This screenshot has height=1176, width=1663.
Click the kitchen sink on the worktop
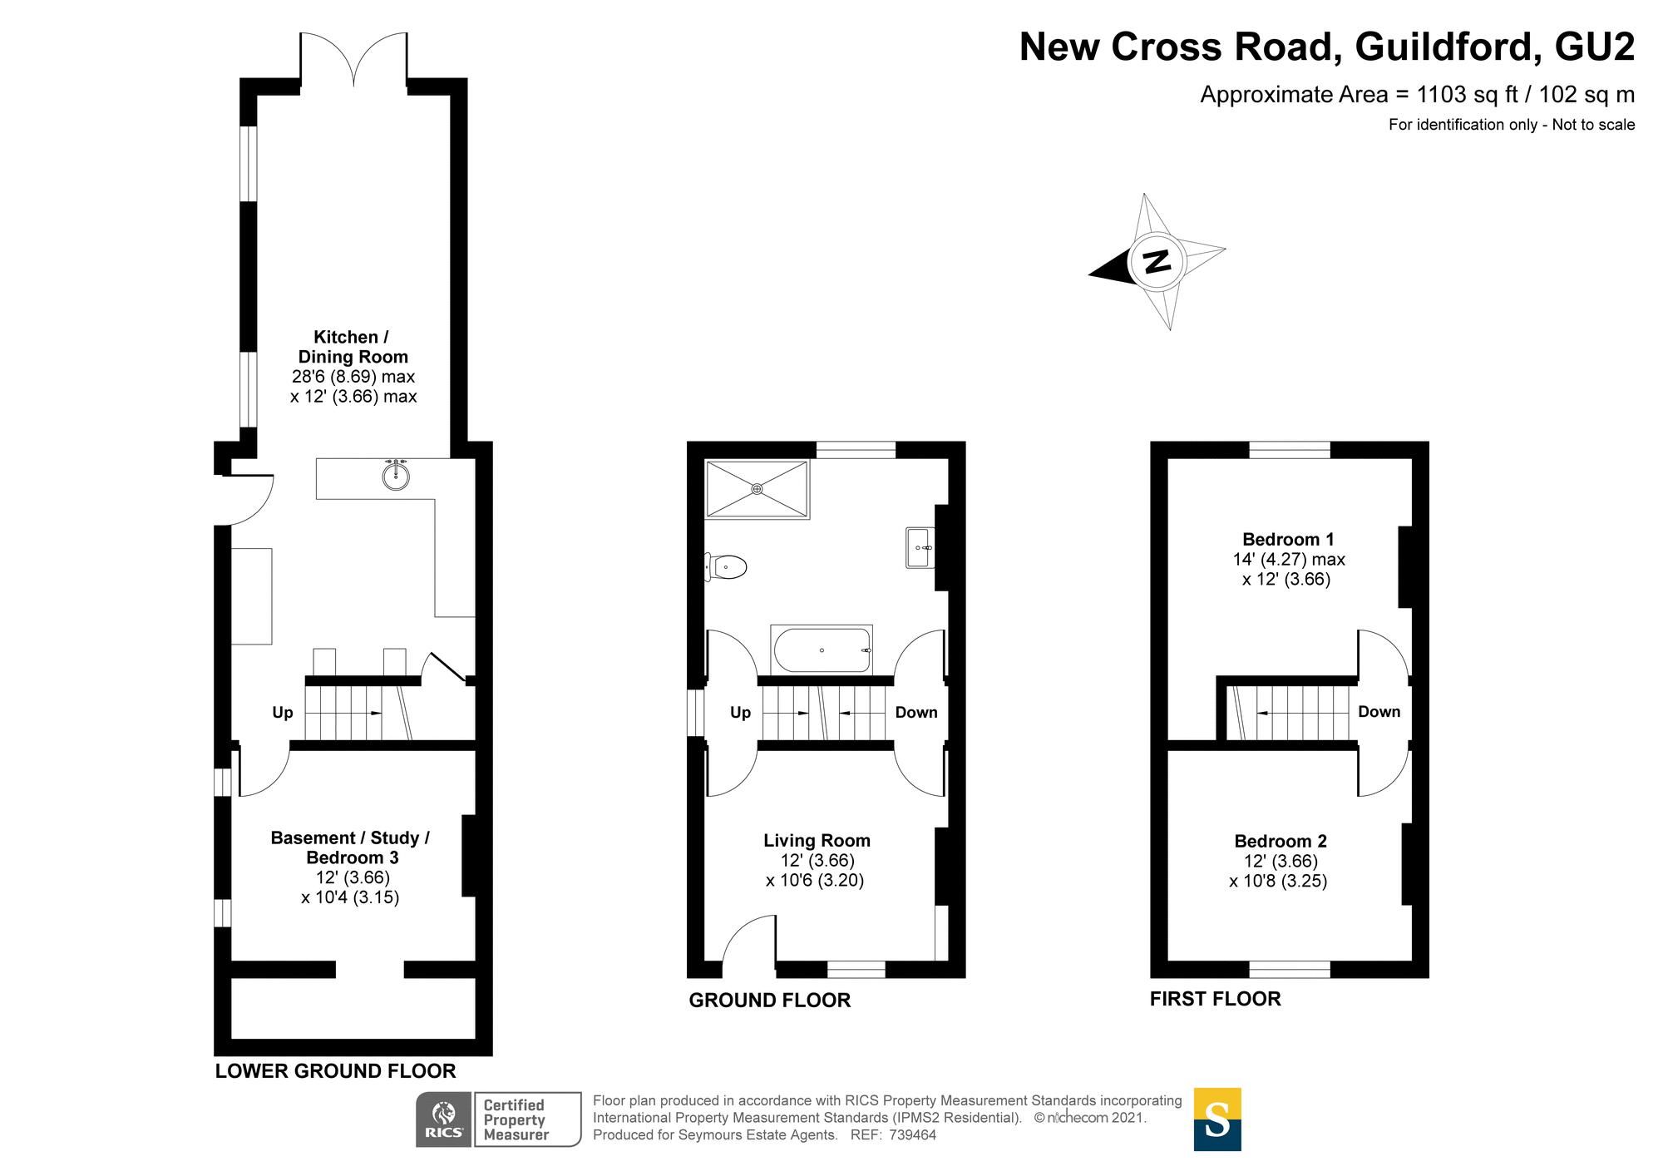click(x=396, y=476)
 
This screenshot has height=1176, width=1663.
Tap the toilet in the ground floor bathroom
click(x=726, y=567)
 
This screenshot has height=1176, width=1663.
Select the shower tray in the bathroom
click(x=757, y=489)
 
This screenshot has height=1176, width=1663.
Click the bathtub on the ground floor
click(x=822, y=650)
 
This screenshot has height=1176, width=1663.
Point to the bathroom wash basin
click(x=920, y=548)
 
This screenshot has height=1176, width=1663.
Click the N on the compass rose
click(x=1157, y=261)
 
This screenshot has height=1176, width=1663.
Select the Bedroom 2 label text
click(x=1280, y=841)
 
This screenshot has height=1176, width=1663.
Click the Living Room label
click(x=817, y=841)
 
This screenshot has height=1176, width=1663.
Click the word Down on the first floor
click(x=1379, y=712)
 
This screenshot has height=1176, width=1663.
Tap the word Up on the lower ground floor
click(x=283, y=713)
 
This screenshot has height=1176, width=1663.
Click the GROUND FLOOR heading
click(x=769, y=1001)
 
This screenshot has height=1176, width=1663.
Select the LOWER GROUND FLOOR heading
click(x=335, y=1071)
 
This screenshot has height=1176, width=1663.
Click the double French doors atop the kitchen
click(x=354, y=60)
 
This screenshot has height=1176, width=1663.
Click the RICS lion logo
click(x=444, y=1119)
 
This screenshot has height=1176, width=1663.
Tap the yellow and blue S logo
click(x=1216, y=1119)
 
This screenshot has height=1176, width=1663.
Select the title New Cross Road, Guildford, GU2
click(x=1326, y=47)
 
